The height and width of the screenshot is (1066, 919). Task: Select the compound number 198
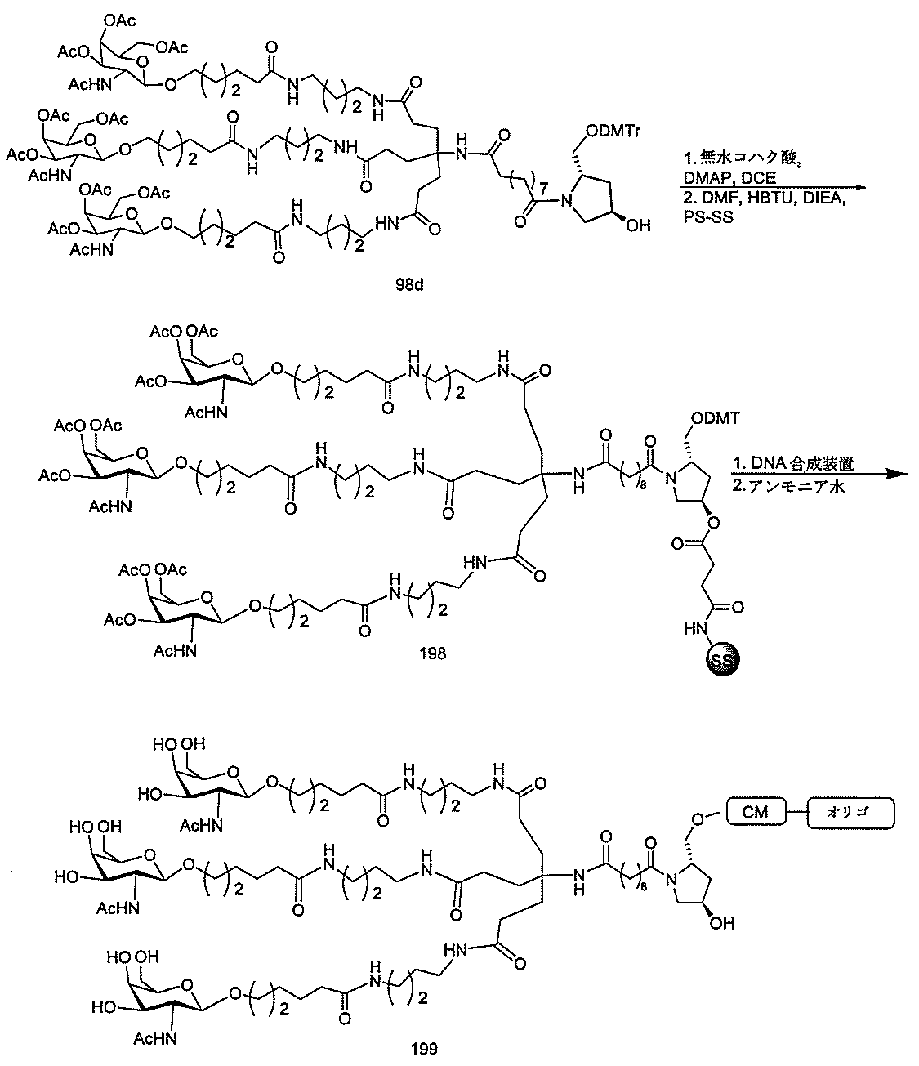432,653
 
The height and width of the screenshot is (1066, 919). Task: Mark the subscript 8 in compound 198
630,473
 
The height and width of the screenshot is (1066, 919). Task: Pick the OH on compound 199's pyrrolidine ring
723,924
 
